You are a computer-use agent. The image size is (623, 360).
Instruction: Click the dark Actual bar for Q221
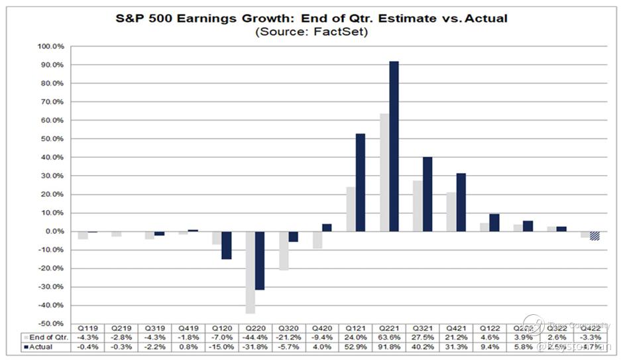tap(394, 146)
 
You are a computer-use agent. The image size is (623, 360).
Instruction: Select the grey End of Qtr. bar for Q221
tap(384, 172)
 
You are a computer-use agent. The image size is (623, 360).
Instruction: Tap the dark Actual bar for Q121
tap(361, 182)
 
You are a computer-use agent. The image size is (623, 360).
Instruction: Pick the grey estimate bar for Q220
tap(249, 272)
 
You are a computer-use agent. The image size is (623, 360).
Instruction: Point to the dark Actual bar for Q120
tap(227, 245)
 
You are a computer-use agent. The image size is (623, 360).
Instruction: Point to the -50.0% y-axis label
tap(52, 324)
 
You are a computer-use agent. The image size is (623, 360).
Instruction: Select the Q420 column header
tap(322, 328)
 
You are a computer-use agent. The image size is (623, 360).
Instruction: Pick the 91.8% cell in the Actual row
tap(389, 346)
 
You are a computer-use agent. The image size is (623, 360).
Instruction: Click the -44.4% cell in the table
tap(255, 337)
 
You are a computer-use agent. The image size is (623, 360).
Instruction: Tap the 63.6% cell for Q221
tap(389, 337)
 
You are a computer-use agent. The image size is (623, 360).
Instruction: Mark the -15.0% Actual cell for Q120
tap(221, 346)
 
